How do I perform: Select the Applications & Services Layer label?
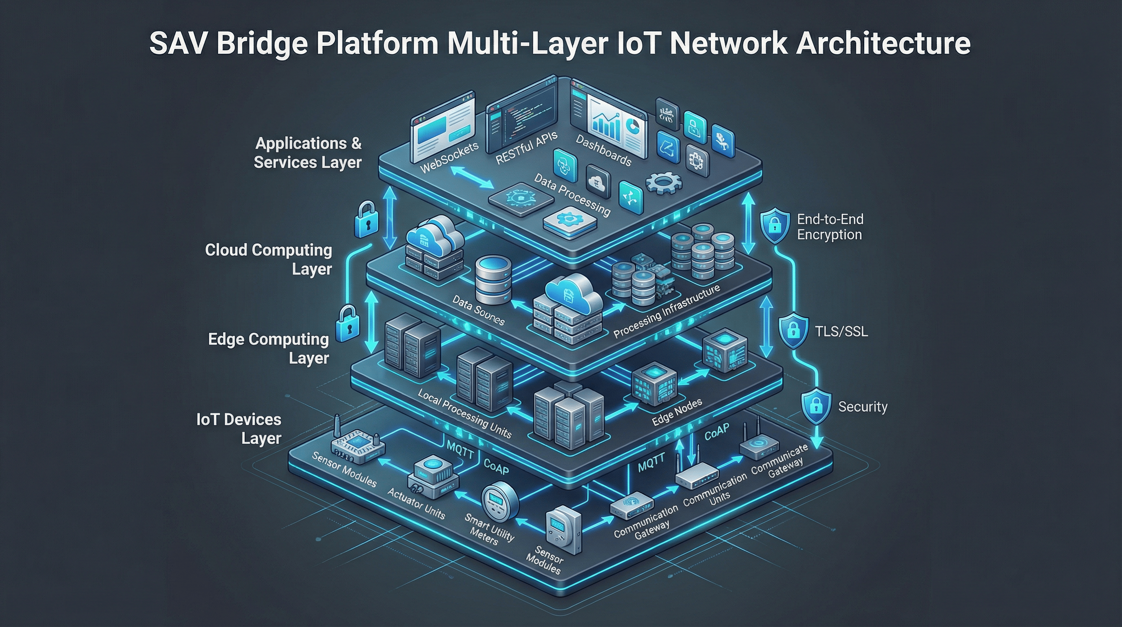[307, 153]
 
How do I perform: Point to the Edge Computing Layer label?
[268, 348]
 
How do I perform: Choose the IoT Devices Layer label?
[239, 429]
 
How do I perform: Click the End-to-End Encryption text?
[830, 227]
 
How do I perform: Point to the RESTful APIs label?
[526, 148]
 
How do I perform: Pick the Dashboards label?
[603, 151]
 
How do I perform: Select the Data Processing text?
[572, 195]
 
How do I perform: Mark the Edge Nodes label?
[677, 411]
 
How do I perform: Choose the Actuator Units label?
[416, 504]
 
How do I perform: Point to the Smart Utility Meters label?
[488, 529]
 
